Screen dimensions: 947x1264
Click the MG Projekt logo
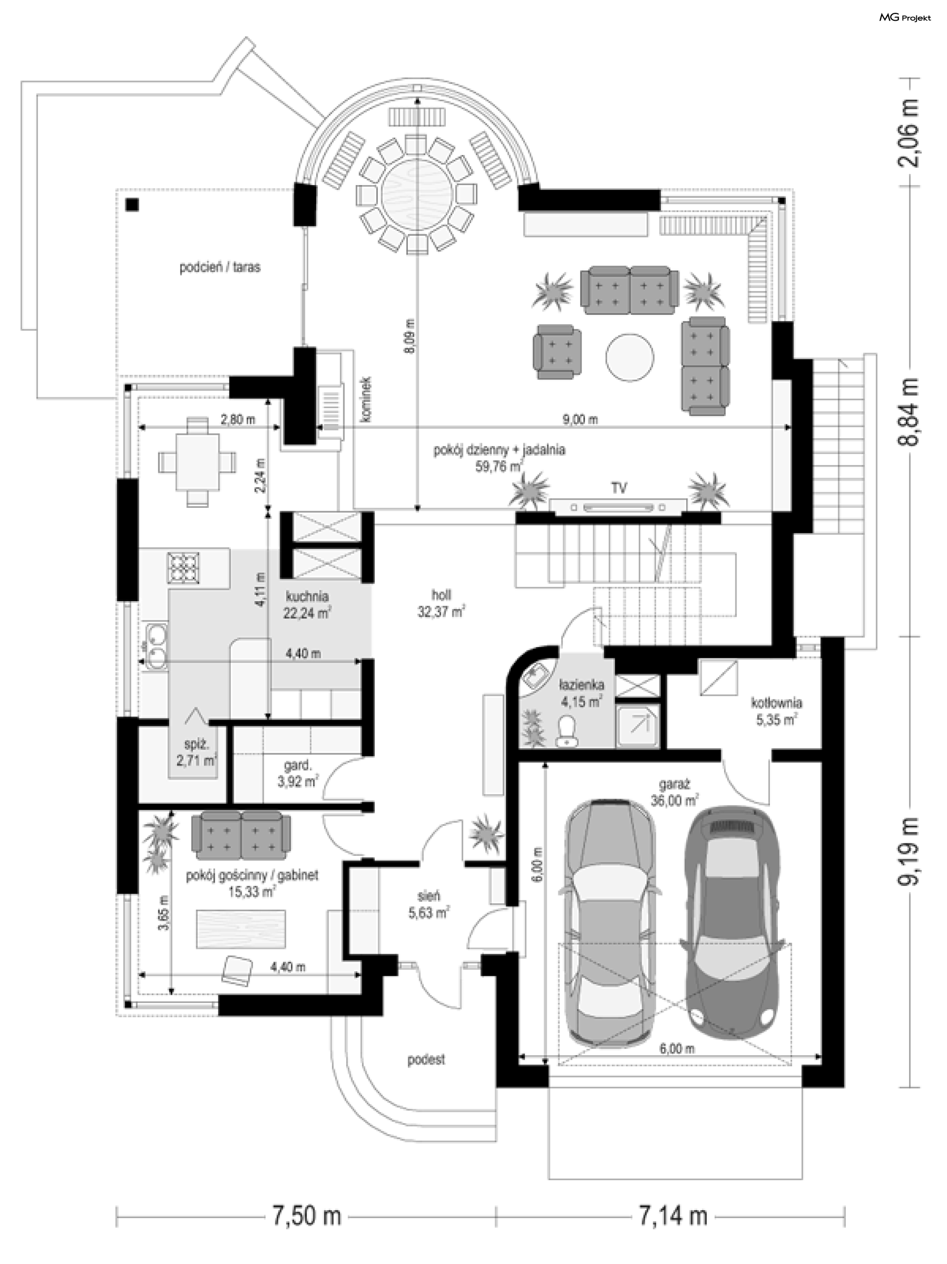click(905, 18)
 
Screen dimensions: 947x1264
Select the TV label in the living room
click(619, 488)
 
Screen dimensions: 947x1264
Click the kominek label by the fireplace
click(366, 399)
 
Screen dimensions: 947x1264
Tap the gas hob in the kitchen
click(183, 568)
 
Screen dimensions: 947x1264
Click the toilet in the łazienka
click(567, 731)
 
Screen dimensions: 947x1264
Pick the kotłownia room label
click(776, 703)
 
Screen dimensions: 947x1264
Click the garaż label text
click(674, 786)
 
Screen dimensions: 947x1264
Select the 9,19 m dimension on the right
click(909, 851)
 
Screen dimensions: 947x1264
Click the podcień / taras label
click(220, 268)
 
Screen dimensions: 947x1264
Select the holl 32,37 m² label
click(441, 604)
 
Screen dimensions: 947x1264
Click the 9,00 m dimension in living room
click(580, 420)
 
